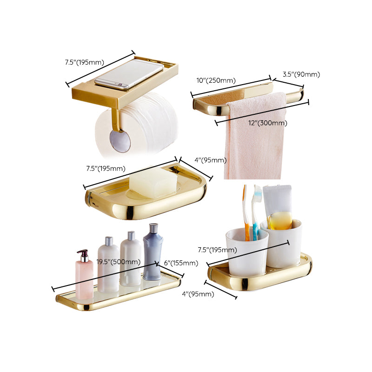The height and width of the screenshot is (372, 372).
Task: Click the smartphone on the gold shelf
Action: click(x=129, y=73)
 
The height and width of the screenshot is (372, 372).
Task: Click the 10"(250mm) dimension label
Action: click(x=216, y=80)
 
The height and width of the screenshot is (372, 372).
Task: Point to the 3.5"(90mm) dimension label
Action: click(x=301, y=74)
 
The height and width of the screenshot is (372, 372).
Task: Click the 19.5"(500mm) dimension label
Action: click(x=118, y=262)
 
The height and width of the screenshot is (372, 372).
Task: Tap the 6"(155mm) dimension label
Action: click(x=181, y=263)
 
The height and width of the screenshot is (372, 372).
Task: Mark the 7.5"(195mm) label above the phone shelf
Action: click(x=84, y=62)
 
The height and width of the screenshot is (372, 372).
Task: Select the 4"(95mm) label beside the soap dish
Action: click(x=210, y=160)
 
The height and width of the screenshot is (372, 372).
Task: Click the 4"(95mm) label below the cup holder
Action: click(x=198, y=293)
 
